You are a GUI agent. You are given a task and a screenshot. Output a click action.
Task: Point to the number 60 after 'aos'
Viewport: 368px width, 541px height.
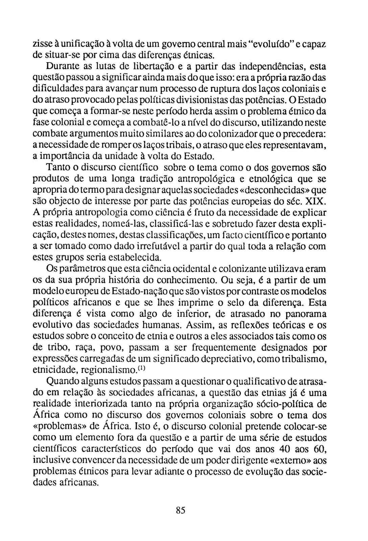pos(319,449)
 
